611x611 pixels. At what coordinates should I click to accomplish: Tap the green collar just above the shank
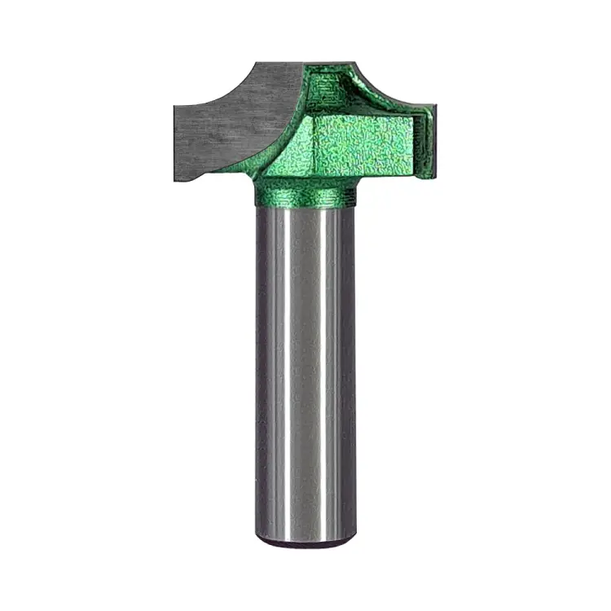point(304,194)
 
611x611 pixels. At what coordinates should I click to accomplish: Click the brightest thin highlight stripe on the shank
point(286,367)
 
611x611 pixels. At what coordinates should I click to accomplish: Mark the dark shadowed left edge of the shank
point(260,367)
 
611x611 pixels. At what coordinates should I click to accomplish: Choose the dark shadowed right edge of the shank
point(350,367)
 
